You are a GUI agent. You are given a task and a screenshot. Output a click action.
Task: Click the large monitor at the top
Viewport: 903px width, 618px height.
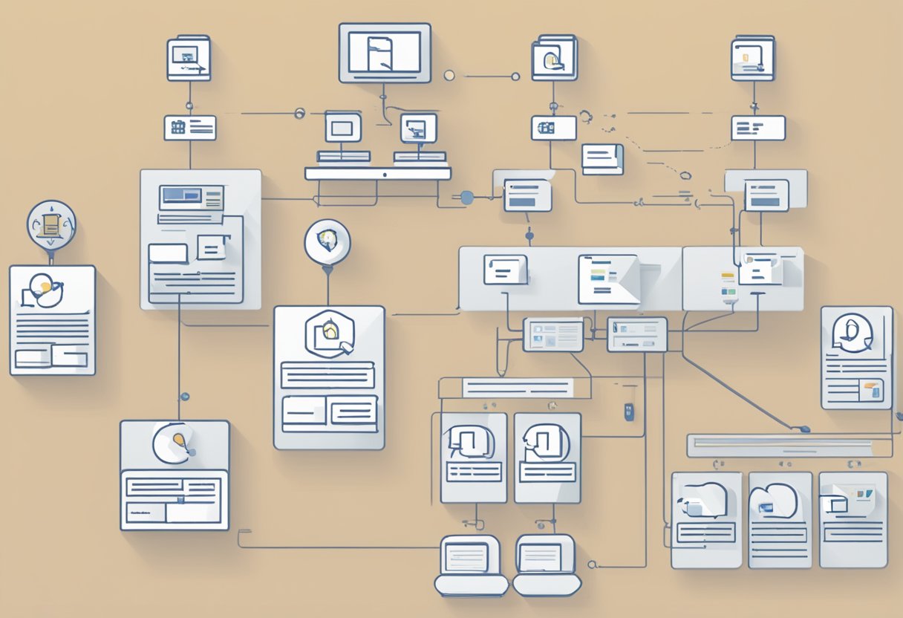pos(385,52)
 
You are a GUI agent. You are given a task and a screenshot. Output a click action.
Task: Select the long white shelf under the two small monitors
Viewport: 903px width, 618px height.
pos(377,173)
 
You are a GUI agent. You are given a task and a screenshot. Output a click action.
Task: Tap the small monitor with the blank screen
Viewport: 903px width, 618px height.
pos(342,127)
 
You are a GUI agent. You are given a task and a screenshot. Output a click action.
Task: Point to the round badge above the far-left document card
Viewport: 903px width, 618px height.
pos(51,224)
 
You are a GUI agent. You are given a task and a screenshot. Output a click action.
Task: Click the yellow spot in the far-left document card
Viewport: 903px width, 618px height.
pos(46,286)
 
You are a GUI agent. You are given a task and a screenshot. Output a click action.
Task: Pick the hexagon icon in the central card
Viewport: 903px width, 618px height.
pos(328,334)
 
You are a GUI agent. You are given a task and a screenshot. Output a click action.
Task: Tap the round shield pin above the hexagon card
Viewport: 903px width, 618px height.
pos(327,241)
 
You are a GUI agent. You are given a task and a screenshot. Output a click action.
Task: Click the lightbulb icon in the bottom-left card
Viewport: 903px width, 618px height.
pos(178,441)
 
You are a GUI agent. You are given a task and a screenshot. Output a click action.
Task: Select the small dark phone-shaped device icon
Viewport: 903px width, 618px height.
pos(629,412)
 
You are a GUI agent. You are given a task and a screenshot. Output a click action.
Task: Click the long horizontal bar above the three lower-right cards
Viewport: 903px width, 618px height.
pos(780,446)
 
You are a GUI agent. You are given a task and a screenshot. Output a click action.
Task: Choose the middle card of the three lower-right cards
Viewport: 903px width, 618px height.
pos(780,520)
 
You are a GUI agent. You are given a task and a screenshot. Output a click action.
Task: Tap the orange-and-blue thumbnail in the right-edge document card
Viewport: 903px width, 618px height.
pos(870,390)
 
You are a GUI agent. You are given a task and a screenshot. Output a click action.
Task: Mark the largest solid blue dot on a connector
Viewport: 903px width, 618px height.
pos(466,198)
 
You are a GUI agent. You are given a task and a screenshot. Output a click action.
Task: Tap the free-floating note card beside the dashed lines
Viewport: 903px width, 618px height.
pos(602,159)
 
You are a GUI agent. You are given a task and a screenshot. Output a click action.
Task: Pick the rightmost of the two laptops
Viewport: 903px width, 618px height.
pos(547,565)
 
